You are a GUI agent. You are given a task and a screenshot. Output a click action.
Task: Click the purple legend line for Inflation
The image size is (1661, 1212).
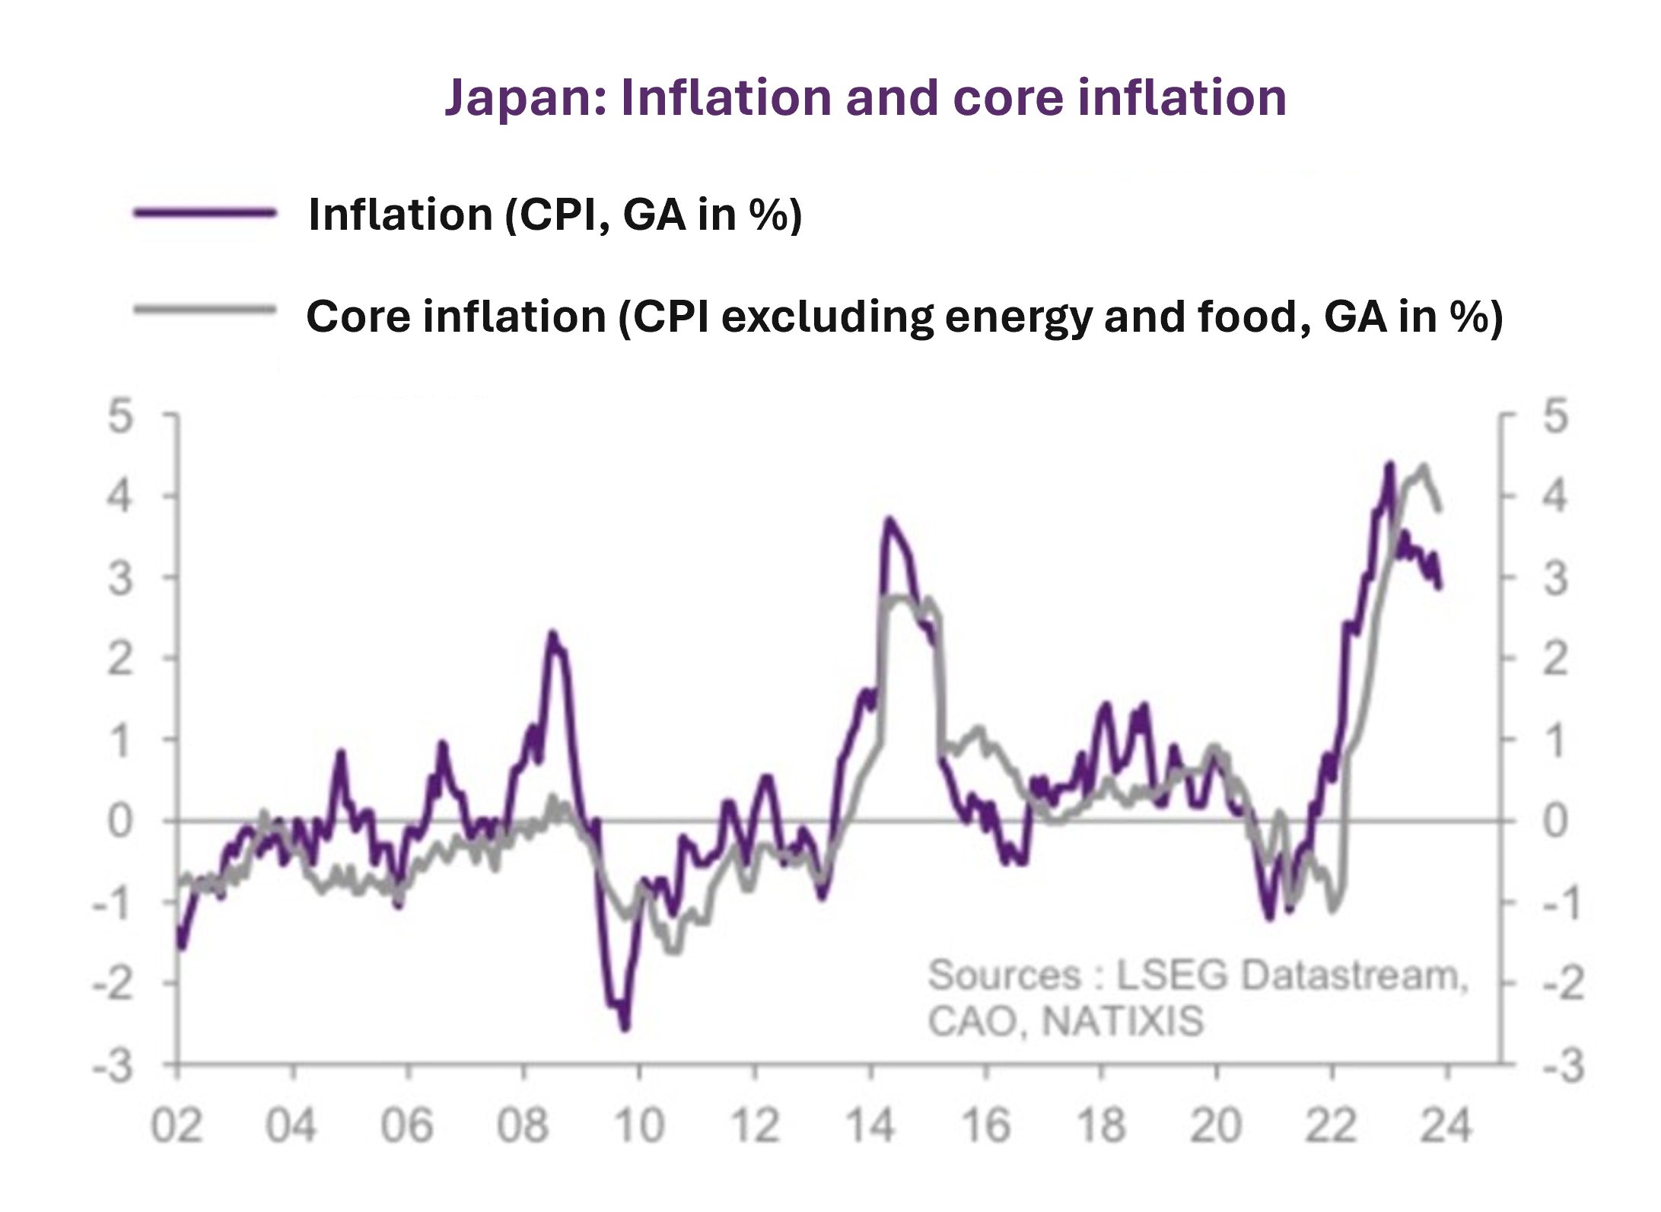click(x=204, y=214)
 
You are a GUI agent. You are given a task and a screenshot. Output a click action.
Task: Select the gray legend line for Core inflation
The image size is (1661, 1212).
click(x=204, y=310)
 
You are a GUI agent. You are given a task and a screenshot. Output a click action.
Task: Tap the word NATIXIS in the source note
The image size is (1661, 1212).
click(x=1122, y=1021)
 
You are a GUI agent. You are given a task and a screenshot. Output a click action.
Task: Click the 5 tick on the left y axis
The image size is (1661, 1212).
click(x=120, y=417)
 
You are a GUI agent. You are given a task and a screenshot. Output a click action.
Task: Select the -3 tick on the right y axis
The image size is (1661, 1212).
click(x=1563, y=1066)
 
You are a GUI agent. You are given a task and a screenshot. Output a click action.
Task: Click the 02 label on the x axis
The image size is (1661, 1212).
click(x=177, y=1125)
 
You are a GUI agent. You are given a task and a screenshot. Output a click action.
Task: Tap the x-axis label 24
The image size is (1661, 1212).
click(x=1446, y=1125)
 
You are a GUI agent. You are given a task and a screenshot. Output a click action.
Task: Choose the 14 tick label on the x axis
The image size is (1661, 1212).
click(x=870, y=1125)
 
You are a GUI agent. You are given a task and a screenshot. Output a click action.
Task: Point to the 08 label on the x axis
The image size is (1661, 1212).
click(x=523, y=1125)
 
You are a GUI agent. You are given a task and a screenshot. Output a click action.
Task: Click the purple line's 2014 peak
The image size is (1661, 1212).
click(x=889, y=520)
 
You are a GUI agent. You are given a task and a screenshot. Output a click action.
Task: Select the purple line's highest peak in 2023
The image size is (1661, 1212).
click(x=1390, y=464)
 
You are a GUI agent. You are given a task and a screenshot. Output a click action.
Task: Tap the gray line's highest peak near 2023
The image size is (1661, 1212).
click(x=1424, y=466)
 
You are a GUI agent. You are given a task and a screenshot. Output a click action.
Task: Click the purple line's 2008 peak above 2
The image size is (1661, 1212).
click(x=552, y=634)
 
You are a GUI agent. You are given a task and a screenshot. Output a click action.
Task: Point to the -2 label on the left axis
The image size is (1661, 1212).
click(x=113, y=985)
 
